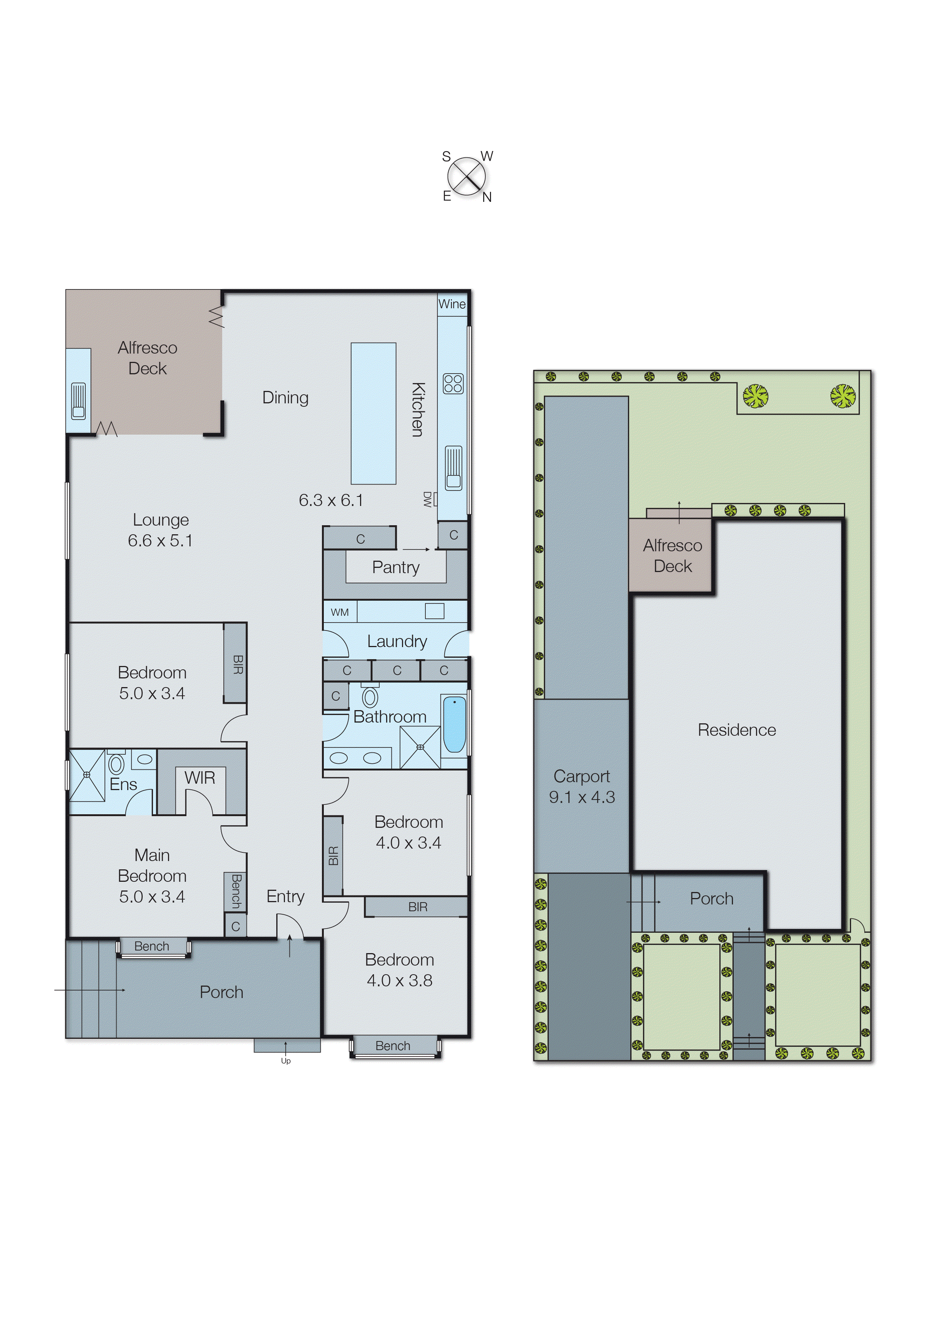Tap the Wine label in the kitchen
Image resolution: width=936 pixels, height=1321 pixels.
point(452,304)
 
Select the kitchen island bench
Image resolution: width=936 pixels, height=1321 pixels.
point(374,413)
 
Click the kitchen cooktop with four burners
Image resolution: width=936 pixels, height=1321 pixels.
point(453,384)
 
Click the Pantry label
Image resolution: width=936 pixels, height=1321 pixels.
point(396,567)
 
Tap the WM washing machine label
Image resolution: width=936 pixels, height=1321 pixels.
point(339,612)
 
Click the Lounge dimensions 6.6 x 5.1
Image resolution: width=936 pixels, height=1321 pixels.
point(160,541)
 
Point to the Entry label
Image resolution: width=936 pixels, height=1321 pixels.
point(285,897)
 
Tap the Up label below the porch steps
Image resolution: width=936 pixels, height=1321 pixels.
point(286,1061)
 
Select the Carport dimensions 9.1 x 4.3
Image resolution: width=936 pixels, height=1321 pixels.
point(582,797)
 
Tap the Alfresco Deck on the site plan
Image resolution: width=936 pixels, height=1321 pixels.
point(672,555)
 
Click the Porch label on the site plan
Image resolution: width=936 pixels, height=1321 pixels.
point(711,899)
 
